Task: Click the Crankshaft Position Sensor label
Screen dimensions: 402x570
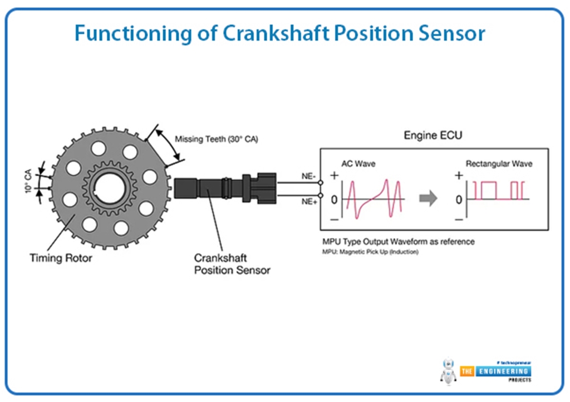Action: click(232, 264)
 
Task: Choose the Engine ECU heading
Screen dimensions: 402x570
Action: click(433, 136)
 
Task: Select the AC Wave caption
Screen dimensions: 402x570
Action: click(358, 164)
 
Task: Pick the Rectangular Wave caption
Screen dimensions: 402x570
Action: click(499, 164)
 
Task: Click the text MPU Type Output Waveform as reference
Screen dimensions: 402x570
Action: click(399, 242)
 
